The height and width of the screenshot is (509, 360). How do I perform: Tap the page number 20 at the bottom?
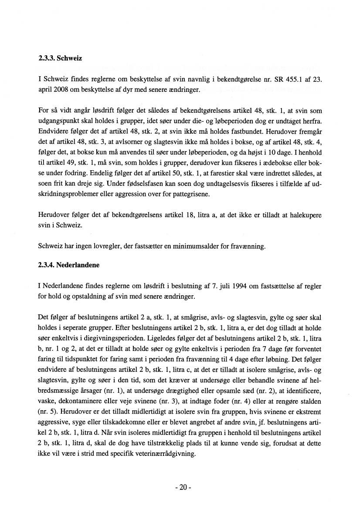(180, 487)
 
